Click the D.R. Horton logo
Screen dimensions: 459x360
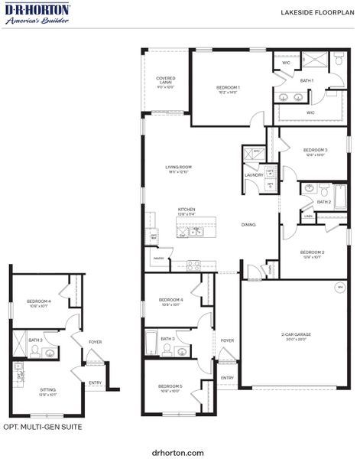[x=37, y=13]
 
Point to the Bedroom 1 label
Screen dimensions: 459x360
[x=228, y=90]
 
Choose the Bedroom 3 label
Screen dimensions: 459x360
[x=315, y=151]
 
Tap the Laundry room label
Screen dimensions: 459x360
[x=254, y=175]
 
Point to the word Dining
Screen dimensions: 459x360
[x=248, y=225]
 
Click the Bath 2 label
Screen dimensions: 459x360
[x=325, y=202]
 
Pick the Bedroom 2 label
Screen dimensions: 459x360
[x=313, y=253]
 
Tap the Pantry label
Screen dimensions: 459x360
[x=159, y=259]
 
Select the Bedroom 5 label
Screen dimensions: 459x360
[x=170, y=388]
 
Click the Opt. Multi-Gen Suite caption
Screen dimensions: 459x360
[x=43, y=427]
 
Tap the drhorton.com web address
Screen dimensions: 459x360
[x=178, y=452]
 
